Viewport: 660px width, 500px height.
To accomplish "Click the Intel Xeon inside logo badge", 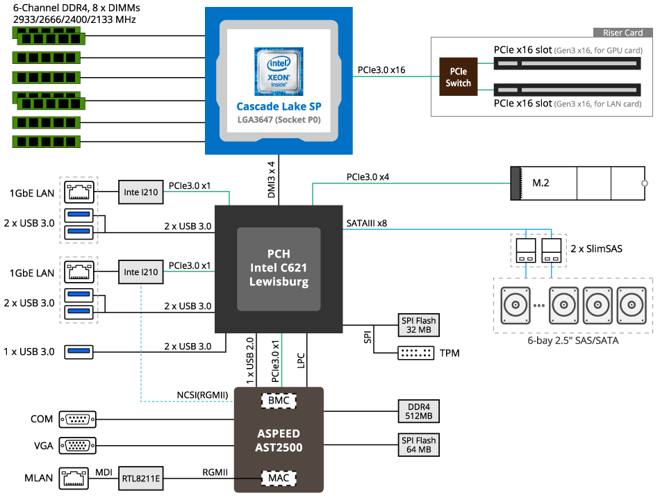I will coord(279,71).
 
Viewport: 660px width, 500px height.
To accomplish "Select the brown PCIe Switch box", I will coord(458,77).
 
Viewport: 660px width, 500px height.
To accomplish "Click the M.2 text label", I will coord(542,183).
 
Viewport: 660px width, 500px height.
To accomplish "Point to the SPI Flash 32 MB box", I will coord(418,325).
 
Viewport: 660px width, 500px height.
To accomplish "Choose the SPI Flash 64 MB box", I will coord(418,444).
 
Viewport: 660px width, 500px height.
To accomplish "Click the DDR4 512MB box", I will coord(418,410).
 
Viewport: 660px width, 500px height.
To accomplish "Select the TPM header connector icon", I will coord(415,353).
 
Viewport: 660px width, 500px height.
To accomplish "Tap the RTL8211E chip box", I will coord(141,478).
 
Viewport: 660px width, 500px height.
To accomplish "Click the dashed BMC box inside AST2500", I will coord(279,401).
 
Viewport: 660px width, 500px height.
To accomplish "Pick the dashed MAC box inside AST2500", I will coord(279,478).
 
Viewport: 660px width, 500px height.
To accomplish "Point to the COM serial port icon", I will coord(78,419).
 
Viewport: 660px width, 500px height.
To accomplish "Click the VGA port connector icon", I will coord(78,445).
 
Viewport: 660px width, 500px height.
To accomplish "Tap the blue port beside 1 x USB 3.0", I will coord(79,351).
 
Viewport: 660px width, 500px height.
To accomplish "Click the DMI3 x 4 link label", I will coord(272,181).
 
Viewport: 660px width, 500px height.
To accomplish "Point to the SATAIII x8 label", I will coord(366,223).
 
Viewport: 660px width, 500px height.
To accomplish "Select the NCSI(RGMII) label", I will coord(202,396).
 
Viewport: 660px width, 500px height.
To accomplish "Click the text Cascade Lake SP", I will coord(279,106).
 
